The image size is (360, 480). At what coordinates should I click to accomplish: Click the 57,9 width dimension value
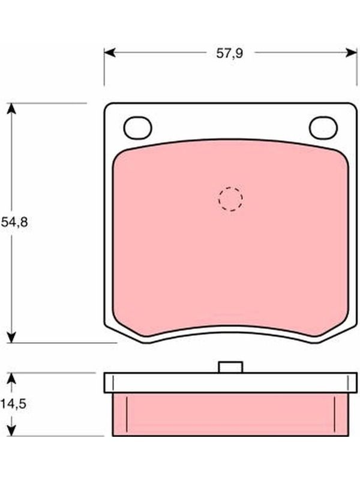(230, 53)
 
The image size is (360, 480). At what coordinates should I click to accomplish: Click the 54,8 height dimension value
(14, 222)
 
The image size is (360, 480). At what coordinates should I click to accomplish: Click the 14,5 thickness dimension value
(13, 404)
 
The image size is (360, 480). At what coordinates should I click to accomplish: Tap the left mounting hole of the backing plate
(138, 128)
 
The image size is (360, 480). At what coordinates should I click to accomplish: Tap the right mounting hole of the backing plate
(323, 128)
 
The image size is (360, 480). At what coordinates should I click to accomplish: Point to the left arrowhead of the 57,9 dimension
(110, 53)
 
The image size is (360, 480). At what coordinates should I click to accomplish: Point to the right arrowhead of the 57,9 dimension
(351, 53)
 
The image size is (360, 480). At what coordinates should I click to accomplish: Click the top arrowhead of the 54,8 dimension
(11, 109)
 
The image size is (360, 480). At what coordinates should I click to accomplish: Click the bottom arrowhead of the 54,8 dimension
(11, 337)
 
